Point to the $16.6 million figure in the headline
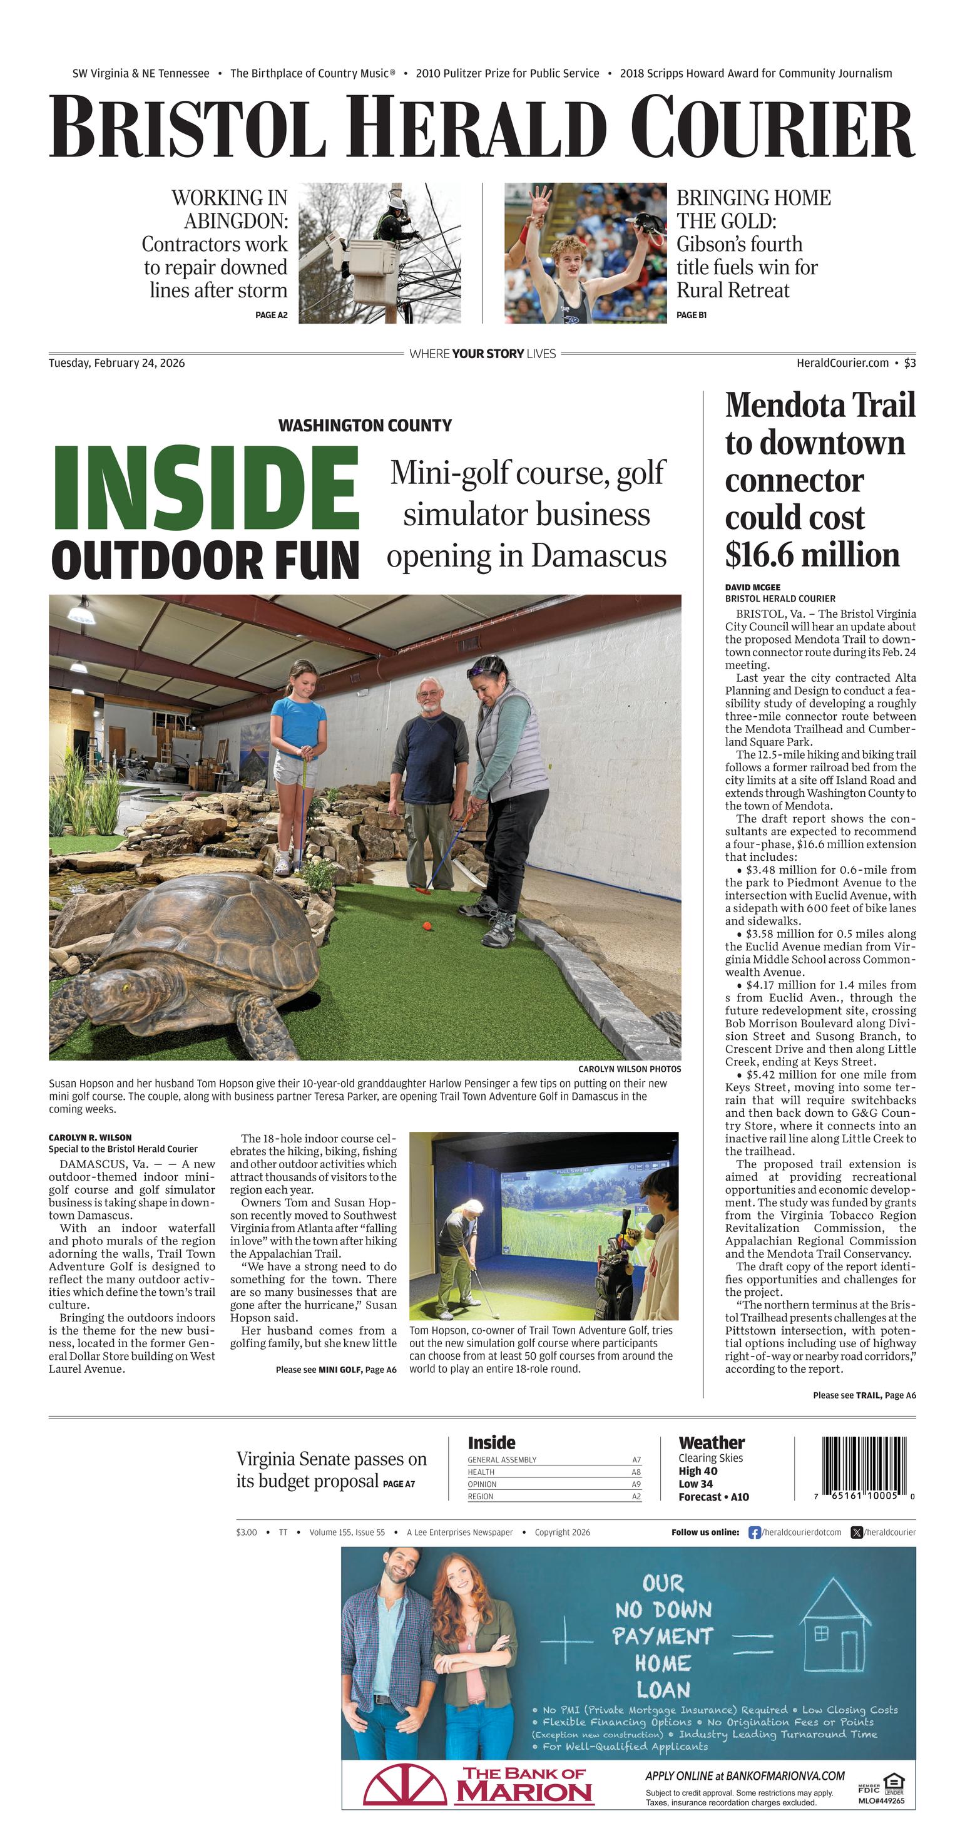(812, 555)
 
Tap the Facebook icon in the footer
(754, 1532)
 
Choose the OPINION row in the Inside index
(554, 1484)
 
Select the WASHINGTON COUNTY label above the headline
(365, 426)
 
